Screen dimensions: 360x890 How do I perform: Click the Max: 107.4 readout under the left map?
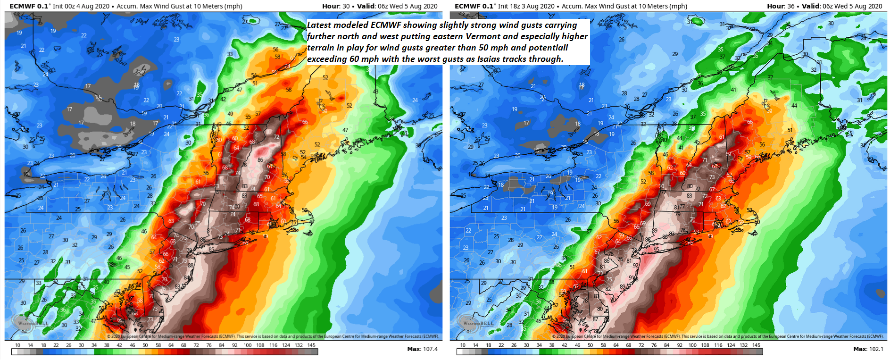[x=422, y=349]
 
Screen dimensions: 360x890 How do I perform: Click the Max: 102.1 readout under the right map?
[x=868, y=349]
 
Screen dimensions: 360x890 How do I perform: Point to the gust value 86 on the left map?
[x=260, y=160]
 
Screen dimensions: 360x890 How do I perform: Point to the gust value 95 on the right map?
[x=656, y=250]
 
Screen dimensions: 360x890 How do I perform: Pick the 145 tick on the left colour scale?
[x=311, y=345]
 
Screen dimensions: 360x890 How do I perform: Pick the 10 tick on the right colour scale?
[x=463, y=345]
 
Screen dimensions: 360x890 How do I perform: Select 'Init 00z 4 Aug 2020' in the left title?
[x=81, y=6]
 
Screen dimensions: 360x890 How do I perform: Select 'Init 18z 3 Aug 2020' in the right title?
[x=526, y=6]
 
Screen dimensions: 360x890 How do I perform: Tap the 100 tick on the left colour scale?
[x=247, y=345]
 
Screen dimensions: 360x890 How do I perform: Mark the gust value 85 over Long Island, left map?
[x=211, y=250]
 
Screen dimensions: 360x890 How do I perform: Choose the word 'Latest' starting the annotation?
[x=319, y=25]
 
